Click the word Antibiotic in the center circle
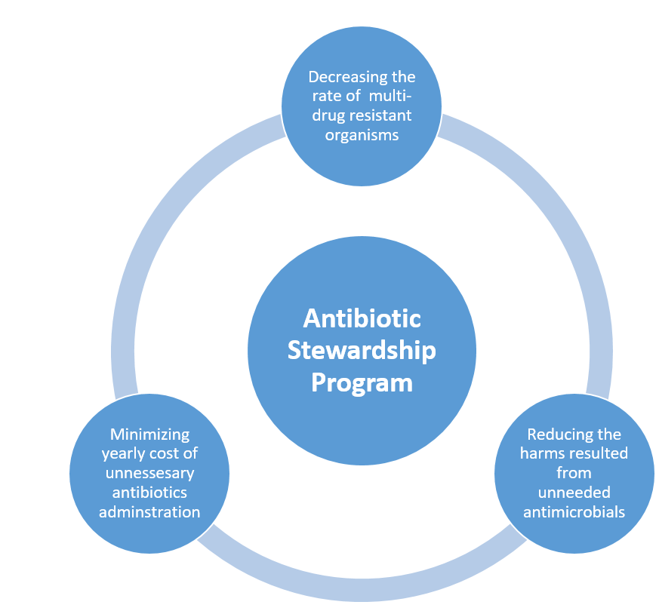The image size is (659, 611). [362, 318]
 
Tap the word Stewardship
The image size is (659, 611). [362, 351]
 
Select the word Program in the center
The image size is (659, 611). [362, 383]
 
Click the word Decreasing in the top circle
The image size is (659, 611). [343, 77]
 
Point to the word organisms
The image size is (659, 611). [362, 135]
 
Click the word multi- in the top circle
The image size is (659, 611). [390, 96]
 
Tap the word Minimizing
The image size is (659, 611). [149, 434]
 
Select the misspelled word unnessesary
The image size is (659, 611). [149, 473]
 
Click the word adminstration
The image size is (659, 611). [149, 512]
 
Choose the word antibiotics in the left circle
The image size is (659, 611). [149, 492]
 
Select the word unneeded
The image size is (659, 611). [574, 492]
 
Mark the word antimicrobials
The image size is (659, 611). [574, 512]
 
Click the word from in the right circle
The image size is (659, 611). [574, 473]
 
